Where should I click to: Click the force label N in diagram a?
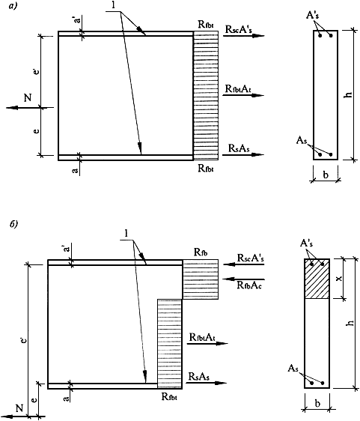[28, 97]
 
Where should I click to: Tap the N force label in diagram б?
[19, 408]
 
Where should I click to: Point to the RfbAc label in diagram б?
[249, 285]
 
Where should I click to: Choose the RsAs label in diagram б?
[199, 377]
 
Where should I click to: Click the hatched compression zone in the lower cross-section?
[317, 279]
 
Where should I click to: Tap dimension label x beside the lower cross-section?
[339, 279]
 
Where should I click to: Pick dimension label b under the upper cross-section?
[326, 175]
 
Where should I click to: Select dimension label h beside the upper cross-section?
[348, 94]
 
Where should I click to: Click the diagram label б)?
[13, 224]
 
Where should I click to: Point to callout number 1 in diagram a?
[113, 5]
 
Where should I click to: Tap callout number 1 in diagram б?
[126, 234]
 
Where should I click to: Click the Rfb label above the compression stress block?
[201, 252]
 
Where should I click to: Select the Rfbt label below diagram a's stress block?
[206, 168]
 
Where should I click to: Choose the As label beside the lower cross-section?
[293, 368]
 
